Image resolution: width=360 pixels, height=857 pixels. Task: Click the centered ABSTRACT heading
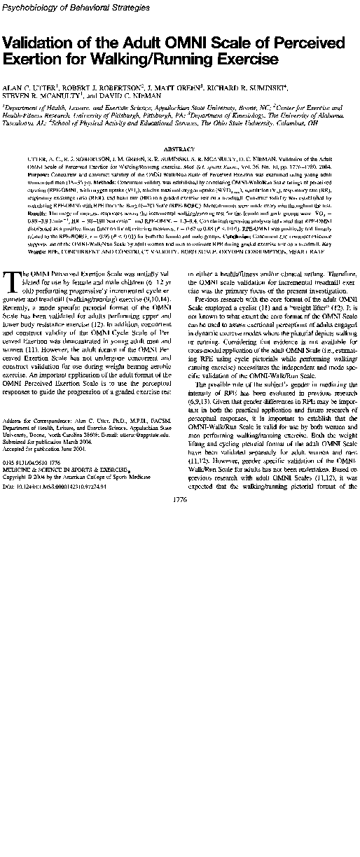click(180, 150)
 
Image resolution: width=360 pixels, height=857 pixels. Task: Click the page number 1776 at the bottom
click(179, 519)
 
